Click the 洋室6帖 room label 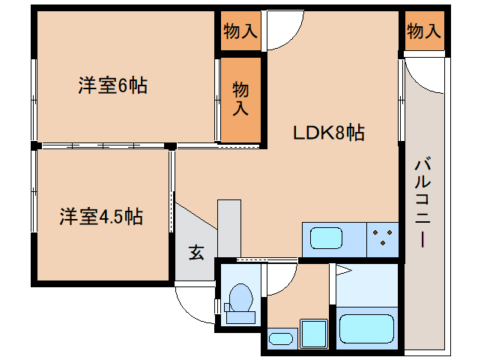(112, 86)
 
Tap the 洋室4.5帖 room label (102, 217)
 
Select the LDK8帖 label (328, 133)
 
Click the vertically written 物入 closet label (240, 98)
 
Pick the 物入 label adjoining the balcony (423, 31)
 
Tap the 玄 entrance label (196, 253)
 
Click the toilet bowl (240, 297)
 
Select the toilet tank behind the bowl (240, 316)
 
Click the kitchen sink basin (327, 239)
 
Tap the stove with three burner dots (384, 239)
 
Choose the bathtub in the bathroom (366, 328)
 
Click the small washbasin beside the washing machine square (281, 338)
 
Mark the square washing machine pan (313, 331)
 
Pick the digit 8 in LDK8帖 (340, 133)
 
